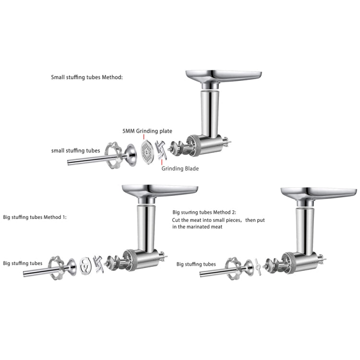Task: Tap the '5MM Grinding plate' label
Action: coord(147,131)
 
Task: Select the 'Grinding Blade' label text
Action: coord(180,168)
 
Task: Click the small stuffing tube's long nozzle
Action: coord(89,161)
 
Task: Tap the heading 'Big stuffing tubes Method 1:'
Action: coord(35,217)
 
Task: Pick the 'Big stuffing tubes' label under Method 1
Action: coord(23,263)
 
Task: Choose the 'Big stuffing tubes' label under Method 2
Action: coord(196,264)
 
